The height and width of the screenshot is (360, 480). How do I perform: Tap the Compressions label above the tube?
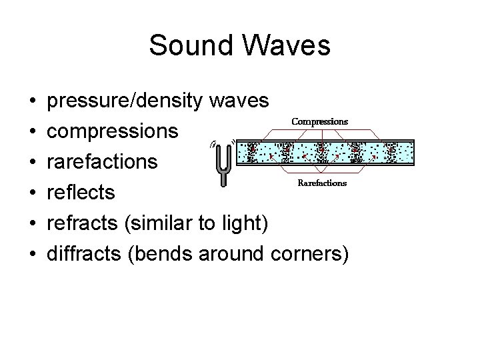pyautogui.click(x=320, y=122)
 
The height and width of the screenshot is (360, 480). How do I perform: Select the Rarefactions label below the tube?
pyautogui.click(x=321, y=183)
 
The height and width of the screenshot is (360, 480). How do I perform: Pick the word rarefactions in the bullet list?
pyautogui.click(x=103, y=162)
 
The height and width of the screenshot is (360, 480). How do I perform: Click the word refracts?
pyautogui.click(x=83, y=223)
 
